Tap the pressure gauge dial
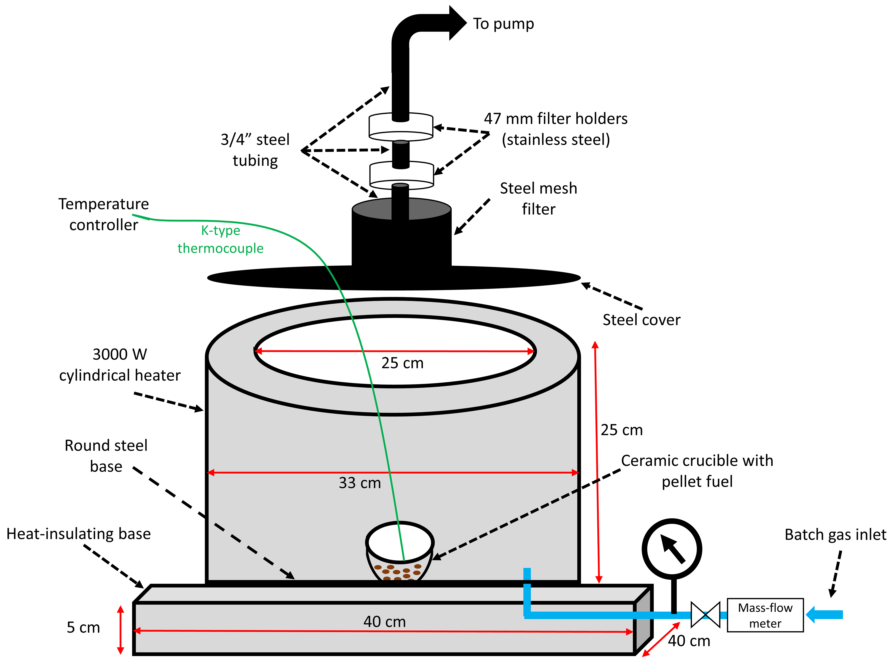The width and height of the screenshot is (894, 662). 672,549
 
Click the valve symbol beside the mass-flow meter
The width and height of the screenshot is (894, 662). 705,614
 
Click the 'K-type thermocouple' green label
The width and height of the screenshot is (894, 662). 220,239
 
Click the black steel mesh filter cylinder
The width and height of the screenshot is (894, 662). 401,236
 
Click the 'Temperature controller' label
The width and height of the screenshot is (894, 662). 104,214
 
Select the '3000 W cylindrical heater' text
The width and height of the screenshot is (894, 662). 120,365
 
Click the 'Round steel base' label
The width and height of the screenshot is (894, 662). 106,456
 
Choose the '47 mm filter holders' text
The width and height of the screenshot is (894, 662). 556,129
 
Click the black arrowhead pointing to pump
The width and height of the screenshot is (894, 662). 457,23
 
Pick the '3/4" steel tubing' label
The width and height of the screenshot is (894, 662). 255,150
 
